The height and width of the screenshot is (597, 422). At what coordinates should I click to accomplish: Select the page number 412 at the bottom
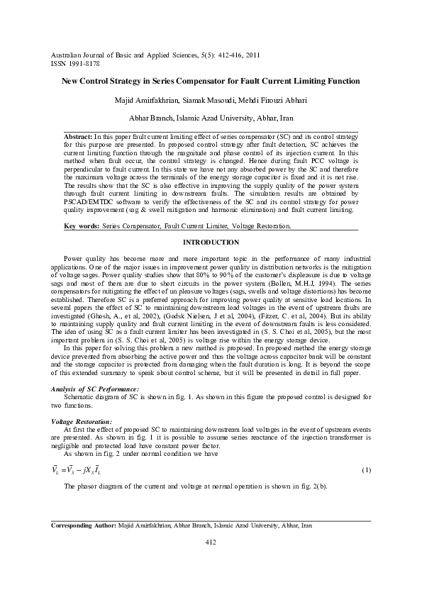[210, 542]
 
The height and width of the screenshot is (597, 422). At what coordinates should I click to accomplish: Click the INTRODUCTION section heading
[211, 242]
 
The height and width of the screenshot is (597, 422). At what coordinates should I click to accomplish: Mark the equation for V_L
[77, 471]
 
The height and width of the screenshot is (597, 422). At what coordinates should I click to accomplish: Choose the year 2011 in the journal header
[252, 54]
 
